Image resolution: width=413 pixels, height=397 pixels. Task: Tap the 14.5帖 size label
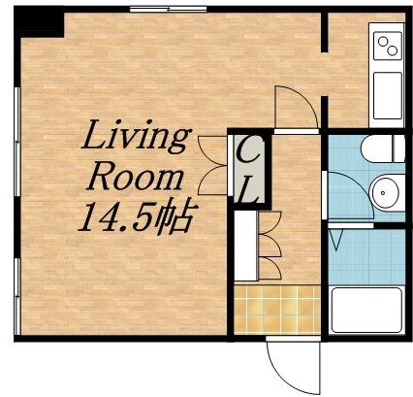coord(136,216)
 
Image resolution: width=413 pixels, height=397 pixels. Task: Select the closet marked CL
coord(249,169)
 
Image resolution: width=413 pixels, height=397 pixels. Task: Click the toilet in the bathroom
coord(383,149)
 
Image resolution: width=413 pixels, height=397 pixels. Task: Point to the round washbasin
coord(387,193)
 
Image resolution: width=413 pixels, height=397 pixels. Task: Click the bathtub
coord(366,310)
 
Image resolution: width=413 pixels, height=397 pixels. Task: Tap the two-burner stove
coord(388,46)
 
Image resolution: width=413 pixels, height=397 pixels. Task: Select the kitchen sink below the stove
coord(388,96)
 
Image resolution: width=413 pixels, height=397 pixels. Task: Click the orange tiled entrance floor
coord(277,310)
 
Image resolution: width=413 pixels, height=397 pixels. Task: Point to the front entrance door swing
coord(293,367)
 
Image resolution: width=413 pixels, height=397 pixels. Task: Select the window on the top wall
coord(168,10)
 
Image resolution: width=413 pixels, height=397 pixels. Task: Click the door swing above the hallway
coord(296,107)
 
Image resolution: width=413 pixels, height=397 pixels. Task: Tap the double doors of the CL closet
coord(212,165)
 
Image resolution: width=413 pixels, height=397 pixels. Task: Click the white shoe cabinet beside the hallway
coord(245,246)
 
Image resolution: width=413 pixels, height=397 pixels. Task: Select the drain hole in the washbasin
coord(383,193)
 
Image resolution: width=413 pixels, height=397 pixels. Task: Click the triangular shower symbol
coord(336,240)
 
